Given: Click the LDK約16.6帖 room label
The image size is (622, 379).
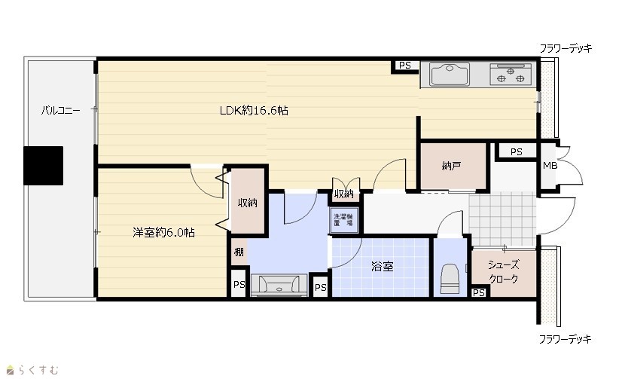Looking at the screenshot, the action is tap(254, 110).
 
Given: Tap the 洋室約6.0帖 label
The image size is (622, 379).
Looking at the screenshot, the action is tap(163, 232).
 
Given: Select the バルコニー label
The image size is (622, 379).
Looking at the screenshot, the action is tap(61, 110).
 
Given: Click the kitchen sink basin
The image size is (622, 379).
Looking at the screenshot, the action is tap(450, 74).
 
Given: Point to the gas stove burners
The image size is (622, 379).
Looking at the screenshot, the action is tap(511, 74).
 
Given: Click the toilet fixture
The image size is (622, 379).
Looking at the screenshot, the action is tap(450, 278).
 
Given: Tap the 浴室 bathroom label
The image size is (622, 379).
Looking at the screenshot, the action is tap(383, 266).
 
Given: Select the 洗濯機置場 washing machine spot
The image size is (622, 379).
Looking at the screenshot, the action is tap(343, 220).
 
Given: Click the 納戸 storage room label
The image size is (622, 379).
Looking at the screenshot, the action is tap(451, 166).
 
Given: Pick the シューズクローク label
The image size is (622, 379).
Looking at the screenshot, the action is tap(503, 272).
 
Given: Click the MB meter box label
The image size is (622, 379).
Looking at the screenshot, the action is tap(550, 166).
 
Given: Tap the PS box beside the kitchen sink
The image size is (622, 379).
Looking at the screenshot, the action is tap(404, 66).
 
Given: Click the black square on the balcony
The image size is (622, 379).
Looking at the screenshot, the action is tap(43, 166).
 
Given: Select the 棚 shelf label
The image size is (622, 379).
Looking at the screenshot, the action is tap(239, 252).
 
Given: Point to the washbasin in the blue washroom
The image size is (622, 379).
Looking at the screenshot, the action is tap(279, 285).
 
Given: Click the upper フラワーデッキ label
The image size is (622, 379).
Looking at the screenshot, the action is tap(566, 48).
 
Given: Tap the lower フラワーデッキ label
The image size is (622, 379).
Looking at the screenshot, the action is tap(565, 339).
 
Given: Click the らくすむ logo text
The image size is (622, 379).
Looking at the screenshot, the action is tap(38, 370).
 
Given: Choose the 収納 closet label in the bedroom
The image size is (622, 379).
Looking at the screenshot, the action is tap(248, 203).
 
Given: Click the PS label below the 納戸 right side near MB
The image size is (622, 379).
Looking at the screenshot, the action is tap(516, 151).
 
